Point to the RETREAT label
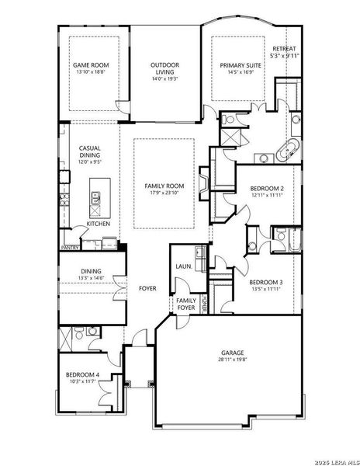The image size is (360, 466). (x=284, y=49)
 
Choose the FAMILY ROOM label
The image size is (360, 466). (x=164, y=186)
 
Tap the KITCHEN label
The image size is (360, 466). (x=98, y=224)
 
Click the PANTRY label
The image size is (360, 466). (x=70, y=249)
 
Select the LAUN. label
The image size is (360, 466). (x=183, y=266)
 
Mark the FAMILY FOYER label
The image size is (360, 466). (x=186, y=304)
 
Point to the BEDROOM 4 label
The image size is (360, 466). (x=83, y=375)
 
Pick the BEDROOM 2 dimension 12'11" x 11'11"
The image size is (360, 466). (x=266, y=196)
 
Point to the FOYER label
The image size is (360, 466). (x=147, y=288)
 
